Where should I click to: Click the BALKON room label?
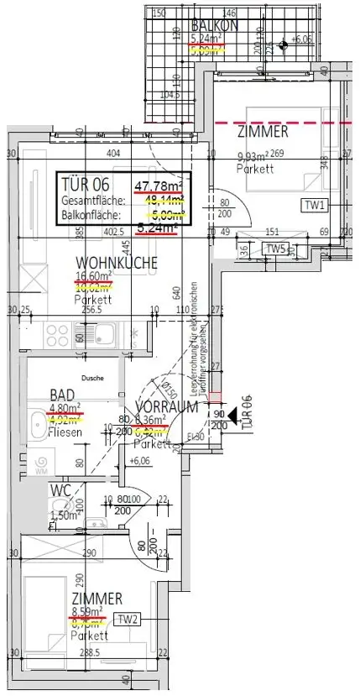(215, 25)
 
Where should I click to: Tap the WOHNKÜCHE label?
(117, 263)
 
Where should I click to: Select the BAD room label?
(63, 395)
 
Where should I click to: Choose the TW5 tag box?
(276, 249)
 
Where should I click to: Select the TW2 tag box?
(128, 620)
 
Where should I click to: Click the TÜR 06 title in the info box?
(86, 184)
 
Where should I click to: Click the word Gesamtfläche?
(93, 201)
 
